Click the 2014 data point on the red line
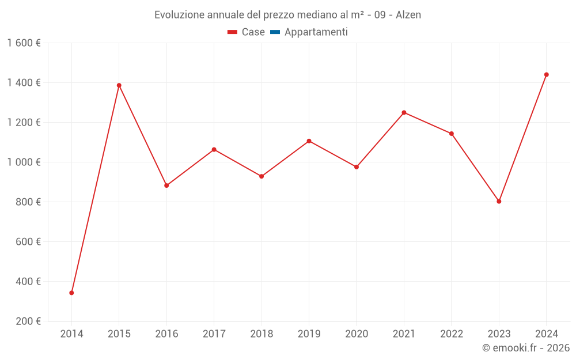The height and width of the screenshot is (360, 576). pyautogui.click(x=71, y=293)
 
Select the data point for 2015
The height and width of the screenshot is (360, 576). pyautogui.click(x=119, y=85)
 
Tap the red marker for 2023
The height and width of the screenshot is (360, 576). pyautogui.click(x=499, y=202)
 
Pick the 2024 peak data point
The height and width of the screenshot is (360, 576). pyautogui.click(x=547, y=74)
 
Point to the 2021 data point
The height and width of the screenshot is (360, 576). pyautogui.click(x=404, y=112)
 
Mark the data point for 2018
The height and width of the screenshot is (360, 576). pyautogui.click(x=262, y=176)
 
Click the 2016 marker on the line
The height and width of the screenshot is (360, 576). pyautogui.click(x=166, y=185)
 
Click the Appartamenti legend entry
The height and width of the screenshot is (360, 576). pyautogui.click(x=316, y=32)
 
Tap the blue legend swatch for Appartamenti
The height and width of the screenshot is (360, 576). pyautogui.click(x=275, y=32)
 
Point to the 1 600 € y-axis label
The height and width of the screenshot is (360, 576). pyautogui.click(x=24, y=43)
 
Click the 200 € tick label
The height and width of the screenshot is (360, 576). pyautogui.click(x=28, y=321)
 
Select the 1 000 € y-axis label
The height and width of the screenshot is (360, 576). pyautogui.click(x=24, y=162)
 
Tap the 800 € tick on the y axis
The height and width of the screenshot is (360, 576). pyautogui.click(x=28, y=202)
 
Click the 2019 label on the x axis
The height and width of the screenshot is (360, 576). pyautogui.click(x=309, y=334)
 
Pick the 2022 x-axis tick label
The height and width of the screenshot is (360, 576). pyautogui.click(x=452, y=334)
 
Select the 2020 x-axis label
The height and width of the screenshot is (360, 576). pyautogui.click(x=357, y=334)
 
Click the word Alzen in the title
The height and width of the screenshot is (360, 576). pyautogui.click(x=408, y=15)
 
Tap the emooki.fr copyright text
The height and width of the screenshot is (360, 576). pyautogui.click(x=526, y=348)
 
